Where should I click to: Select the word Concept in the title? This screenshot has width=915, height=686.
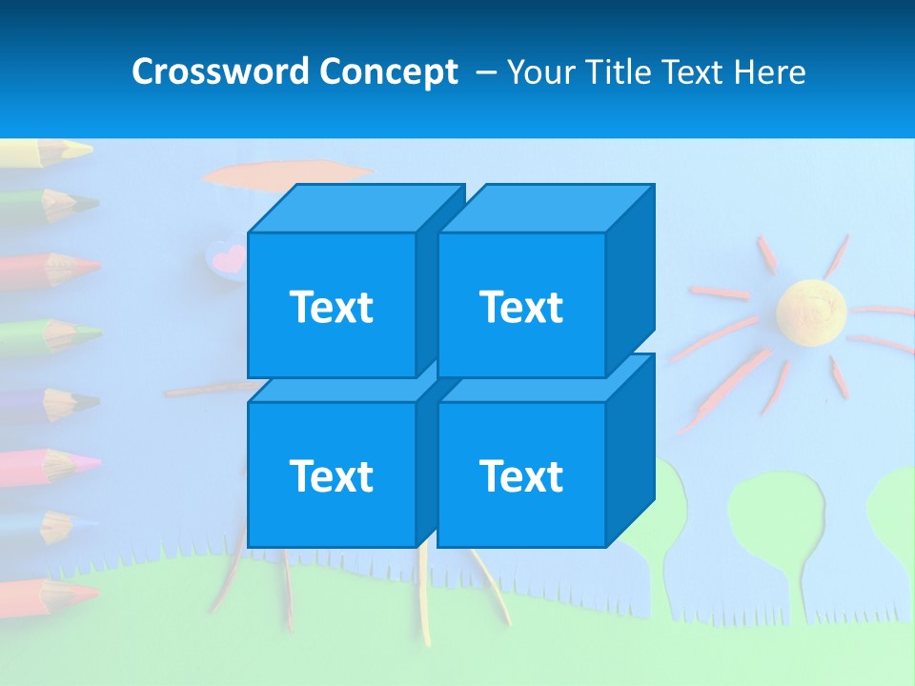coord(389,72)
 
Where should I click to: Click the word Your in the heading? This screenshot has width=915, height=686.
coord(540,72)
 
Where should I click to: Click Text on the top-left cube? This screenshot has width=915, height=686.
coord(332,307)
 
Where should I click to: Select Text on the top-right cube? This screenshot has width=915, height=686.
coord(521,307)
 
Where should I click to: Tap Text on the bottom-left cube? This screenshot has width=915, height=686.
coord(332,475)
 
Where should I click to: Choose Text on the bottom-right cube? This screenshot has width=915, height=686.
coord(521,475)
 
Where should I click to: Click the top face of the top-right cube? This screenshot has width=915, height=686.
coord(545,209)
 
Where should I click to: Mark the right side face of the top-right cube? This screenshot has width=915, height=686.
coord(630,281)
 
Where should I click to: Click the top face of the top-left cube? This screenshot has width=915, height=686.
coord(355,209)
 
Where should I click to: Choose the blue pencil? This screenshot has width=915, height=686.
coord(48,524)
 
